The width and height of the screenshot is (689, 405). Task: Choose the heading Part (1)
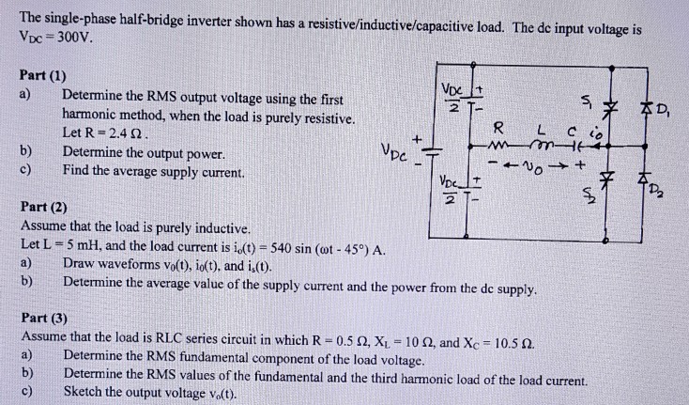tap(42, 74)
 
